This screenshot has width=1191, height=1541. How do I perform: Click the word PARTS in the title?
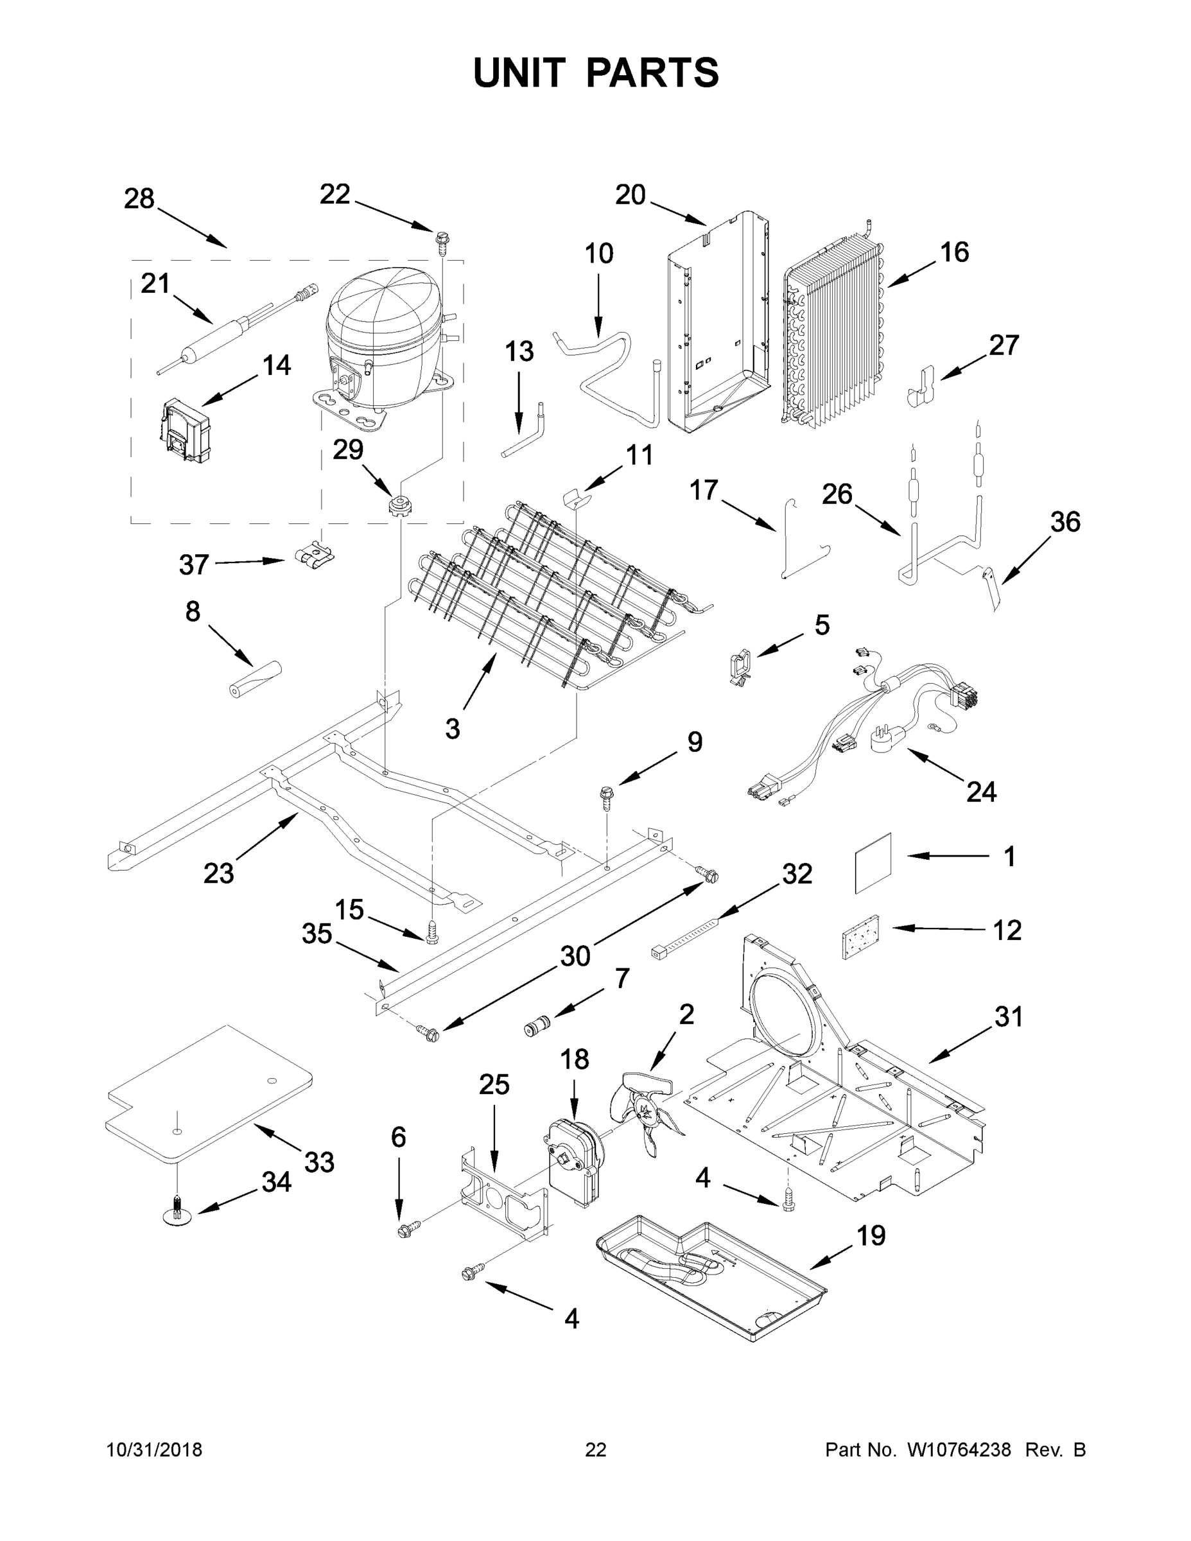click(653, 73)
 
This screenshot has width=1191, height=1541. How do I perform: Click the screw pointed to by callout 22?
click(442, 241)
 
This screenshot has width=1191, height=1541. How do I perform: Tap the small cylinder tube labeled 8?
click(255, 678)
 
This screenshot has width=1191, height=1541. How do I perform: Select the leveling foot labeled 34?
click(177, 1212)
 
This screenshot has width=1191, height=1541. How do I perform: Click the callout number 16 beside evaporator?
click(955, 252)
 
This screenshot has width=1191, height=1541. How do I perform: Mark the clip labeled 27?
click(920, 387)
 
